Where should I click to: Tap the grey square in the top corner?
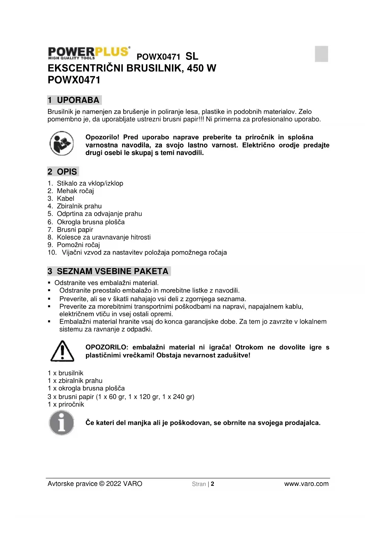click(321, 54)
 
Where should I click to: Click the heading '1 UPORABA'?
click(74, 100)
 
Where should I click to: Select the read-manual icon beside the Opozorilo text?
click(62, 143)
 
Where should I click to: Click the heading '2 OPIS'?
click(63, 172)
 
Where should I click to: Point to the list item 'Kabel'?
click(65, 198)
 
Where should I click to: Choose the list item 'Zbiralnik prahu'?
click(79, 206)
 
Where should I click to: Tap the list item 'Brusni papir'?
click(75, 230)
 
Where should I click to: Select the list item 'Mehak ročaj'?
click(75, 191)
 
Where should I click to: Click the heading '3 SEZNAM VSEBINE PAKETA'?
click(109, 271)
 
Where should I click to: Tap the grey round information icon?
click(62, 423)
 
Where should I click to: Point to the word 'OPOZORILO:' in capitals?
click(107, 347)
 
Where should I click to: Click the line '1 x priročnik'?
click(66, 404)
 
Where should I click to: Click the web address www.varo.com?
click(306, 484)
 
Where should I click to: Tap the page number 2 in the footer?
click(213, 484)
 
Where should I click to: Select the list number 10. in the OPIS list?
click(52, 253)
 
